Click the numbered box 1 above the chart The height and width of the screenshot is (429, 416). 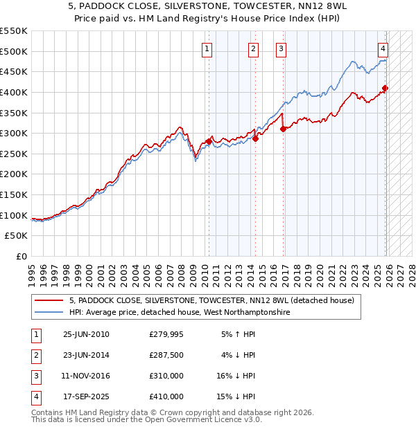tap(208, 48)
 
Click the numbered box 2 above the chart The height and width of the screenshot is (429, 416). tap(254, 48)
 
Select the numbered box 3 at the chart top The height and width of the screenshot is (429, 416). tap(281, 48)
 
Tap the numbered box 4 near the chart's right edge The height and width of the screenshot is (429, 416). tap(383, 48)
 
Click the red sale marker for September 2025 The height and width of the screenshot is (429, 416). tap(385, 88)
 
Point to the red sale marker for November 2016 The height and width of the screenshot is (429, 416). tap(283, 129)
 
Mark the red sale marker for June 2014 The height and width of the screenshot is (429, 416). tap(255, 138)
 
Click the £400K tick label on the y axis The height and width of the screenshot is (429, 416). tap(14, 92)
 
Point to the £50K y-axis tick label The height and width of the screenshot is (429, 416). tap(17, 236)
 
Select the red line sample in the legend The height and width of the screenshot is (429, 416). tap(49, 301)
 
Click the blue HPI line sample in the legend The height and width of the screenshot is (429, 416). tap(49, 313)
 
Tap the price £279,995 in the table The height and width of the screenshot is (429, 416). tap(166, 334)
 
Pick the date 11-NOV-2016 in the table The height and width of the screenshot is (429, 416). tap(86, 376)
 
